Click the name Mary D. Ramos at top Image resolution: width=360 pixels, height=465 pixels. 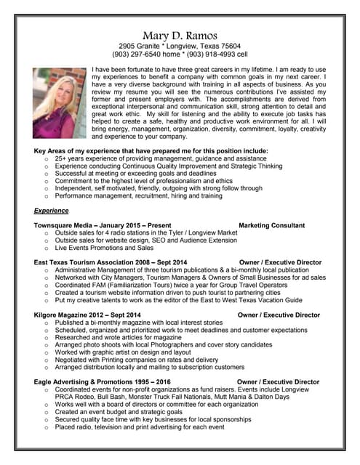[180, 36]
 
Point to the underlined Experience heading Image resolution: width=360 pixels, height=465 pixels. [52, 210]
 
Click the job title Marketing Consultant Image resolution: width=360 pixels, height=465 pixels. [271, 225]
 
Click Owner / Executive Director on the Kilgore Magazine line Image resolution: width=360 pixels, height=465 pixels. [279, 315]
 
